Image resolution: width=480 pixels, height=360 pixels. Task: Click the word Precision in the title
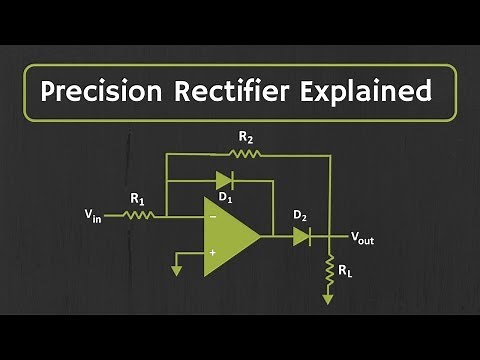(x=105, y=92)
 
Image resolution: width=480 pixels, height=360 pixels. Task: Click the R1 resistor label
(x=137, y=198)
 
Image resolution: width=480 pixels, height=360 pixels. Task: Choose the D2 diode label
(x=300, y=215)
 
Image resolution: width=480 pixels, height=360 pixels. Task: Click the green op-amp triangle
(x=228, y=236)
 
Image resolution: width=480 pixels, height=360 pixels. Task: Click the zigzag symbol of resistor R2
(x=244, y=154)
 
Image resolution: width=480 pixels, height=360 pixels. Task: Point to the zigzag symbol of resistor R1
(x=139, y=213)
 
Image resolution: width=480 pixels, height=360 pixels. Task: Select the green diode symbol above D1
(x=224, y=182)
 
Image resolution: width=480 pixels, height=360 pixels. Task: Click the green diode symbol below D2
(x=301, y=236)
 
